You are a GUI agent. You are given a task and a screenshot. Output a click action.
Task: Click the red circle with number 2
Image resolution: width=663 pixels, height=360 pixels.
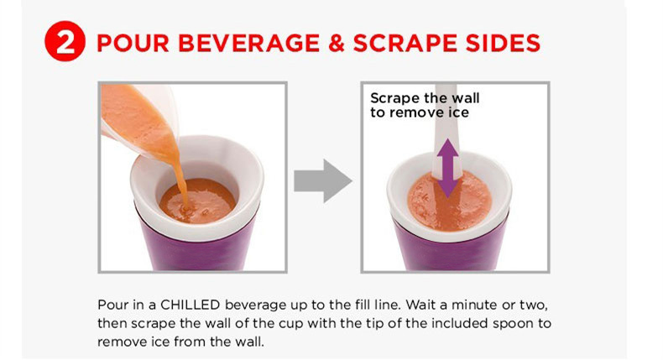point(65,41)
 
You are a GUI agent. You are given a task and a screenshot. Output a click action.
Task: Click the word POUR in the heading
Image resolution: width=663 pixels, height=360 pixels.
point(133,43)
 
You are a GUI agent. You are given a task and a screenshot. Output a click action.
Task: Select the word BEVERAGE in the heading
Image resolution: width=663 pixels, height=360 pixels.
point(248,43)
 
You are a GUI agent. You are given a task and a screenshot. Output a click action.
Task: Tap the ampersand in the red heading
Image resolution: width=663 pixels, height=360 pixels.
point(337,43)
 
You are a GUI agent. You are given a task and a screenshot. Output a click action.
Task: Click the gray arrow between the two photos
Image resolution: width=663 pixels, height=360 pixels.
point(322,180)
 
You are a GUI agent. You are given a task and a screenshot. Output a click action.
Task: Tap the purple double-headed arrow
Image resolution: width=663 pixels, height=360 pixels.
point(447,169)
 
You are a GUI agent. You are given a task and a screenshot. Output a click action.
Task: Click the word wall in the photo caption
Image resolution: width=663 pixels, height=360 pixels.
point(466,98)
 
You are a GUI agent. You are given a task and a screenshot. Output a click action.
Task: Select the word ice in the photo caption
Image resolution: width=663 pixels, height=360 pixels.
point(459,112)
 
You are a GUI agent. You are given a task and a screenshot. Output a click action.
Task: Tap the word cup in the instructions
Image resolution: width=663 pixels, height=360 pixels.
point(291,324)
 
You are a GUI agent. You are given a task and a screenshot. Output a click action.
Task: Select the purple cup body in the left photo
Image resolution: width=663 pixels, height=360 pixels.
point(200,249)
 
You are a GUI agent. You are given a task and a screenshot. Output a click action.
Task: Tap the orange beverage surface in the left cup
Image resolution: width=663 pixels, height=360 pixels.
point(198,201)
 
